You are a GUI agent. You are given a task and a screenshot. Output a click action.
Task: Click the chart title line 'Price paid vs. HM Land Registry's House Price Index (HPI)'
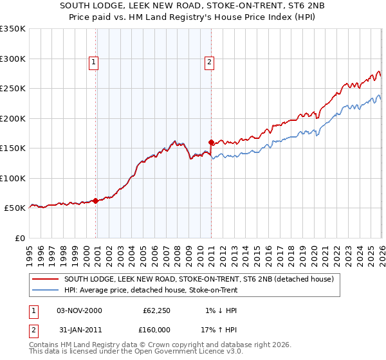click(x=193, y=18)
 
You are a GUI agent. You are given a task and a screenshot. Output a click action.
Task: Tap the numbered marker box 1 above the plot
click(x=94, y=62)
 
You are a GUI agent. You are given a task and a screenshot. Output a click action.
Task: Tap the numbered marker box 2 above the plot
click(x=210, y=62)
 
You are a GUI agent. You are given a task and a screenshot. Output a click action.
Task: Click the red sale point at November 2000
click(x=96, y=201)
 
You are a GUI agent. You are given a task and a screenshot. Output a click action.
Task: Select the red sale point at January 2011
click(x=212, y=142)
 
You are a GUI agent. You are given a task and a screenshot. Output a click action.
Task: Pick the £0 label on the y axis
click(x=19, y=238)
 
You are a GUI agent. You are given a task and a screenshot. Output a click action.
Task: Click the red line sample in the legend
click(x=45, y=280)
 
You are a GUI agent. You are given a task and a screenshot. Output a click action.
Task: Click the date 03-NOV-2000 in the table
click(x=79, y=310)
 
